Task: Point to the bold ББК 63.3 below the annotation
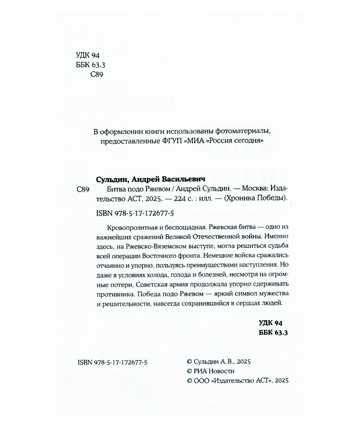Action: [273, 334]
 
